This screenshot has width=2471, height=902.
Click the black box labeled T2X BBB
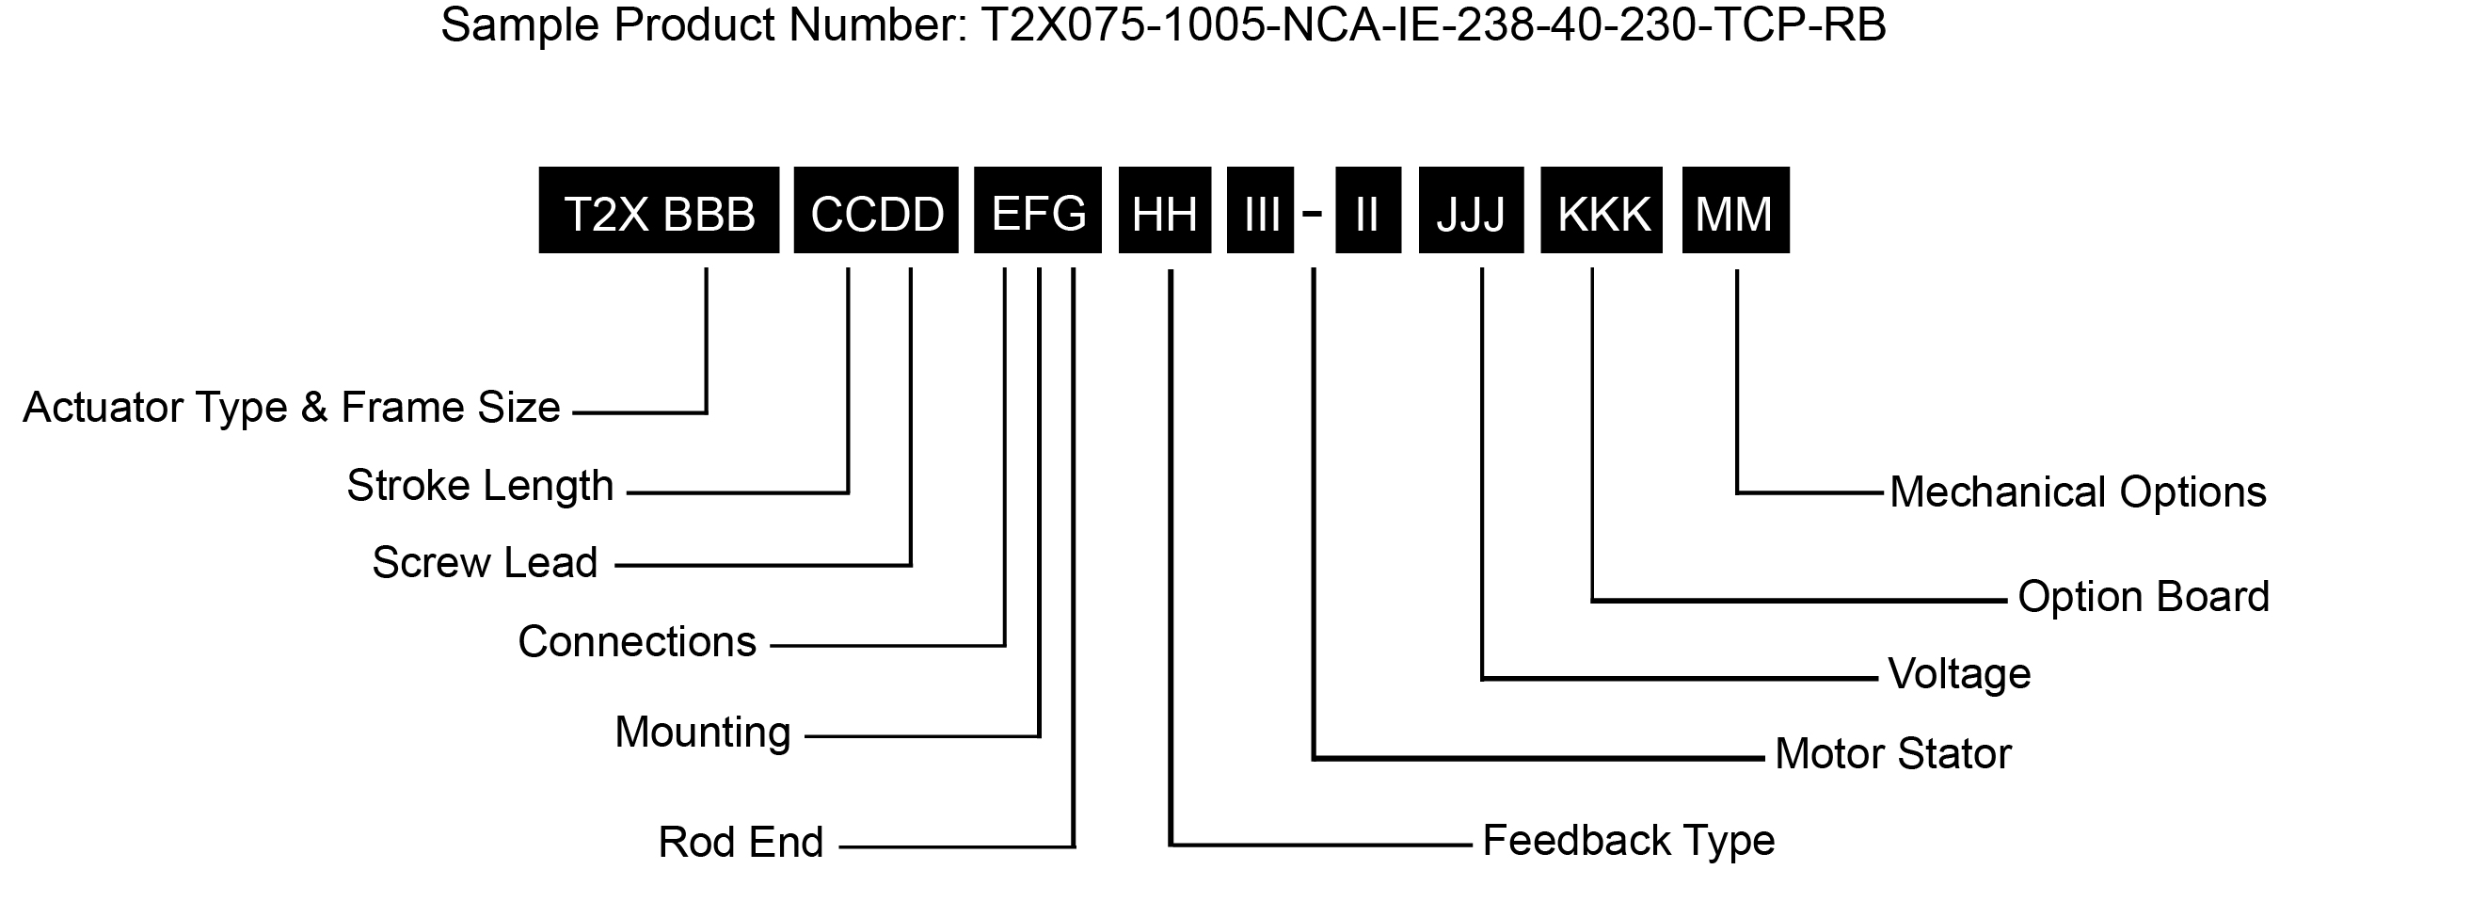[659, 210]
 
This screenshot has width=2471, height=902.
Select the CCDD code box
[876, 210]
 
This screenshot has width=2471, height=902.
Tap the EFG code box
[1038, 210]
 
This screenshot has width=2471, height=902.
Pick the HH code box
[1165, 210]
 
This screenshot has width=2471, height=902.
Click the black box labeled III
[1261, 210]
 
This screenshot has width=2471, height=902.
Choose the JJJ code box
[1472, 210]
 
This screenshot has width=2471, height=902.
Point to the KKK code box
[1602, 210]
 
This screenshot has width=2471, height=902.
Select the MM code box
[1736, 210]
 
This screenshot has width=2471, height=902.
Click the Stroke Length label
[480, 487]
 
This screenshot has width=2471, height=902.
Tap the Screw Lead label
[485, 562]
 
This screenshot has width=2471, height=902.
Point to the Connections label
[637, 642]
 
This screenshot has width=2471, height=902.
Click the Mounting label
[702, 733]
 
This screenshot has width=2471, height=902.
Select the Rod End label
[741, 843]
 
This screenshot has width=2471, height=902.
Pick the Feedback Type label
[1629, 841]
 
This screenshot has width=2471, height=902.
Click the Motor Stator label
[1892, 754]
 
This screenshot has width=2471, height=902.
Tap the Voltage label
[1960, 674]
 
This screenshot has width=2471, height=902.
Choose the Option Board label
[2144, 597]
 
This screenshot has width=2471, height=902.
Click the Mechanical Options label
[2078, 492]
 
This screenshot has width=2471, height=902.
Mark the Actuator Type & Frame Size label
[292, 408]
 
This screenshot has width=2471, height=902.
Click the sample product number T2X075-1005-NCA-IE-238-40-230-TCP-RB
[1433, 24]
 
